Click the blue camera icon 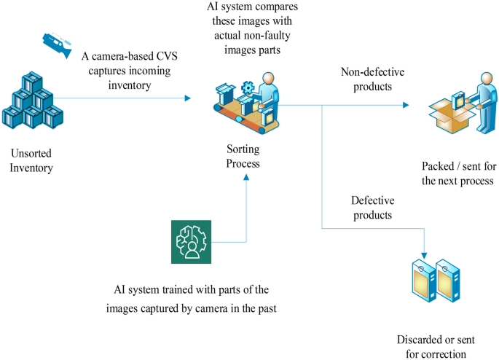click(55, 43)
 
